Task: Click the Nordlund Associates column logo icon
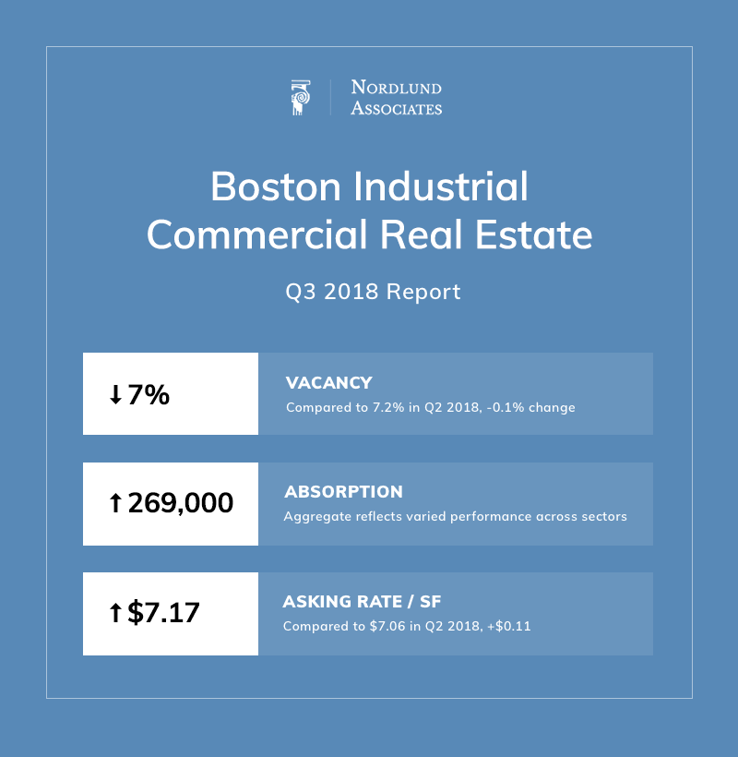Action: pos(299,98)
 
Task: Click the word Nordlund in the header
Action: pos(396,89)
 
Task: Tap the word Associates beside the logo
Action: pos(396,108)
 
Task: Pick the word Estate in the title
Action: pos(537,234)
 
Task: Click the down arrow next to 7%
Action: pos(115,395)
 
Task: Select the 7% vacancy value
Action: pos(149,395)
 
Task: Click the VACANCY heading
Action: pos(329,383)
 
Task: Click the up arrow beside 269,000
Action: pos(115,504)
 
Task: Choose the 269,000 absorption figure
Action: pos(180,504)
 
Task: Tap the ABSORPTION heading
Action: pos(344,492)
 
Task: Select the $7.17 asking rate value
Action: pos(163,613)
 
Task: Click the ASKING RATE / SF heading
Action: pos(362,602)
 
